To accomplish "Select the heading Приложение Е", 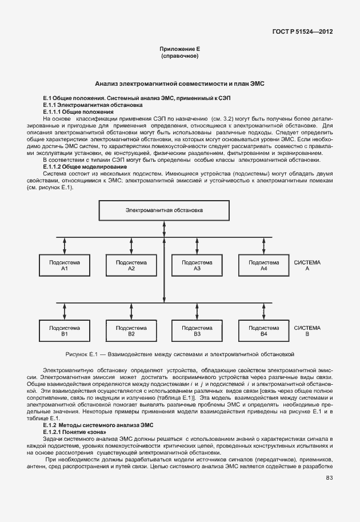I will pos(179,50).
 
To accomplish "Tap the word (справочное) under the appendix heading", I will pos(179,57).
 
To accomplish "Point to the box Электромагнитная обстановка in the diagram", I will pos(164,210).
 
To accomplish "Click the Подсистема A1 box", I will pos(65,265).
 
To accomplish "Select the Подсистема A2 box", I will pos(131,265).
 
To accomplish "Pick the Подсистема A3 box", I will pos(197,265).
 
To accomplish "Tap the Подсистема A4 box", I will pos(263,265).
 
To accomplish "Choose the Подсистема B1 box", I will pos(65,330).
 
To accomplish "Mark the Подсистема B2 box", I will pos(131,330).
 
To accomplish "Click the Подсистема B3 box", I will pos(197,330).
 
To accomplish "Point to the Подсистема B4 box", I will pos(263,330).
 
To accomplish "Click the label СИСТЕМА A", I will pos(307,265).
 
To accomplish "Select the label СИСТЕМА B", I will pos(307,330).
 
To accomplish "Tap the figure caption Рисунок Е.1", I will pos(179,354).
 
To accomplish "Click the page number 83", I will pos(329,478).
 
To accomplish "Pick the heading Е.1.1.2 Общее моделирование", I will pos(85,166).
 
